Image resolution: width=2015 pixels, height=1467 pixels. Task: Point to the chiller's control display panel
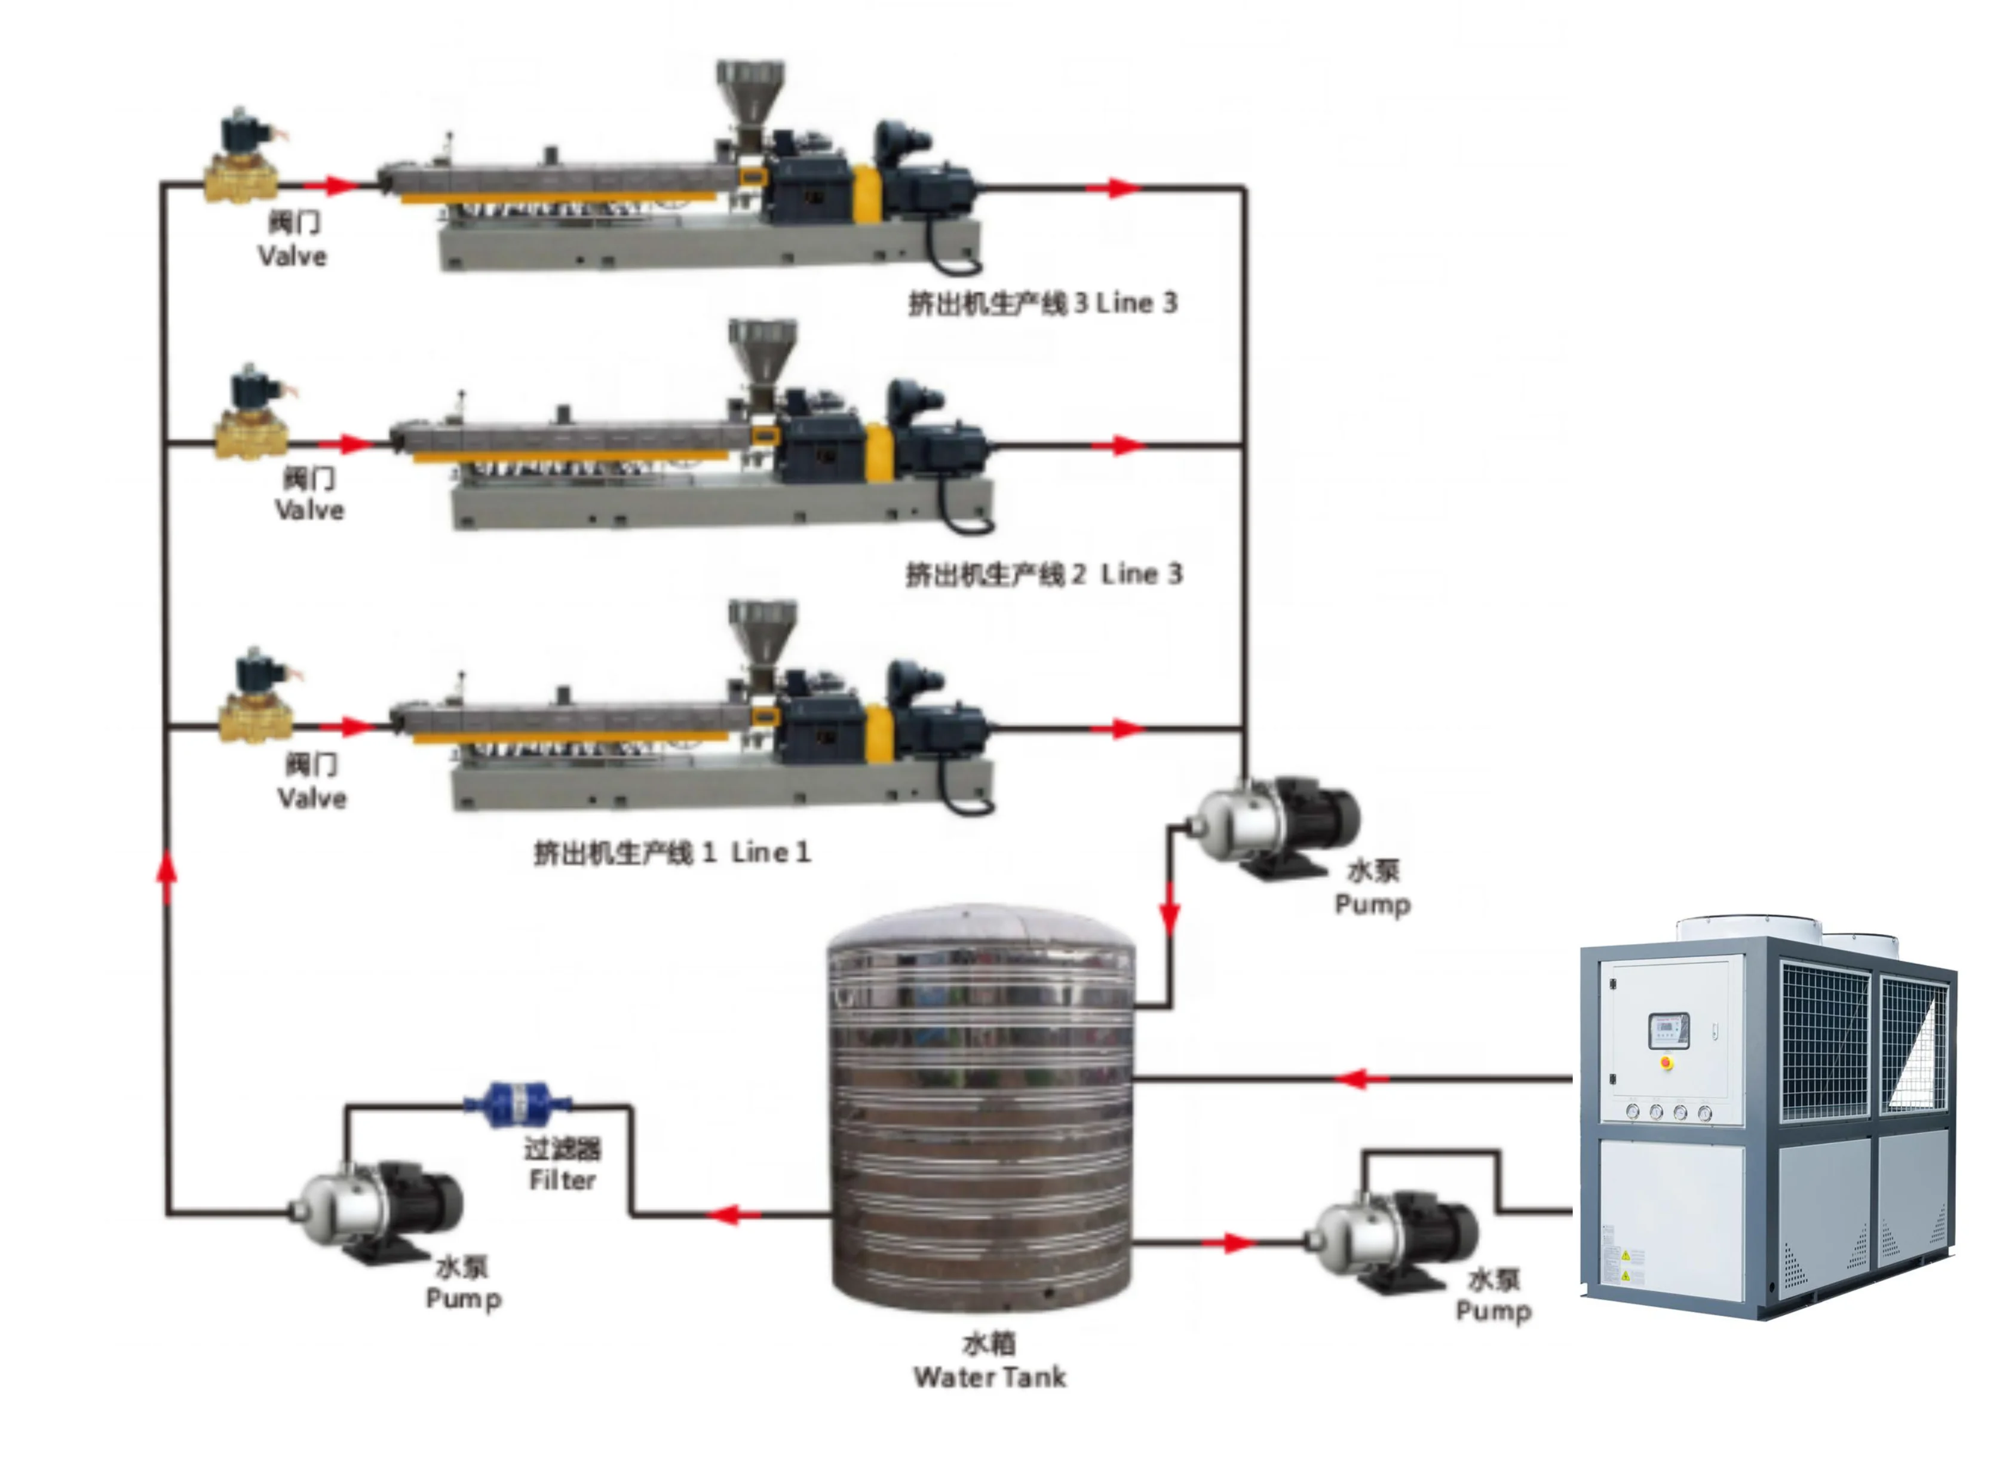1667,1029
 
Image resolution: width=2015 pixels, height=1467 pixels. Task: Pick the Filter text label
562,1180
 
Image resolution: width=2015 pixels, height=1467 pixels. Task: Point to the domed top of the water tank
981,929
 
